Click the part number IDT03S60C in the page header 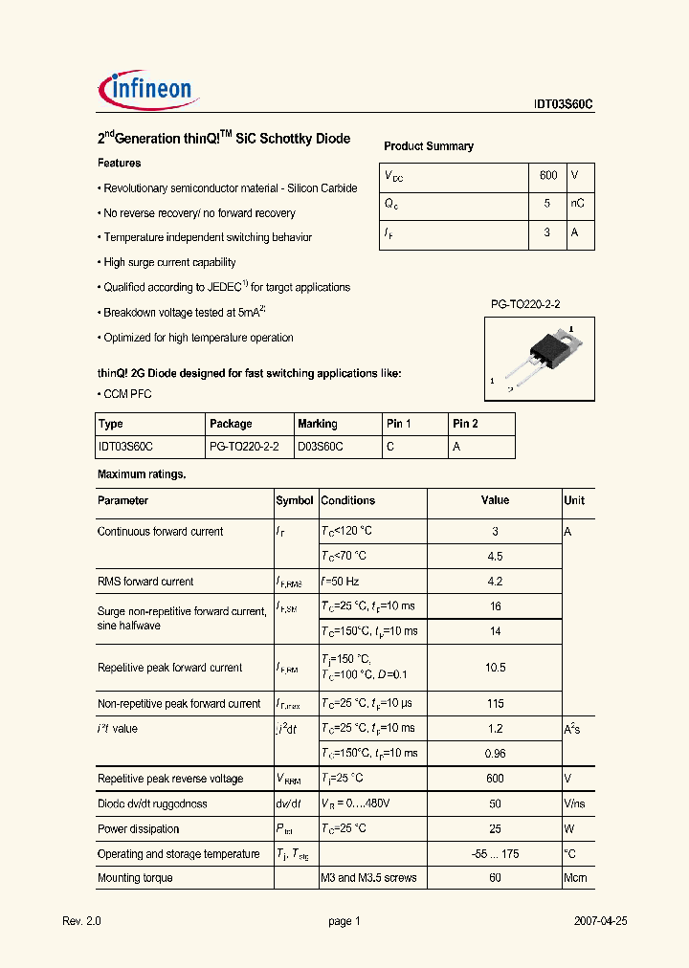(x=564, y=106)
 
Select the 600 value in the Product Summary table (x=548, y=176)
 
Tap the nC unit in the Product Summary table (x=577, y=204)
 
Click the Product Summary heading (x=429, y=146)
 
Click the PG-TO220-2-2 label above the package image (x=525, y=304)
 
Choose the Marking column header (x=318, y=424)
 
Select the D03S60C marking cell (x=321, y=447)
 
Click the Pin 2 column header (x=465, y=424)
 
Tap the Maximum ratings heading (x=142, y=474)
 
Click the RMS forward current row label (x=145, y=582)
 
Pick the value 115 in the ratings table (x=495, y=704)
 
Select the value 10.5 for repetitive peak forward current (x=495, y=668)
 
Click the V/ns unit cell (x=575, y=804)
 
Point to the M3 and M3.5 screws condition (x=368, y=878)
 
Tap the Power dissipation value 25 (x=495, y=829)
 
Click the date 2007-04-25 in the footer (x=600, y=921)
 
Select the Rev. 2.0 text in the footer (x=81, y=921)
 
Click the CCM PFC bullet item (x=127, y=394)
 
